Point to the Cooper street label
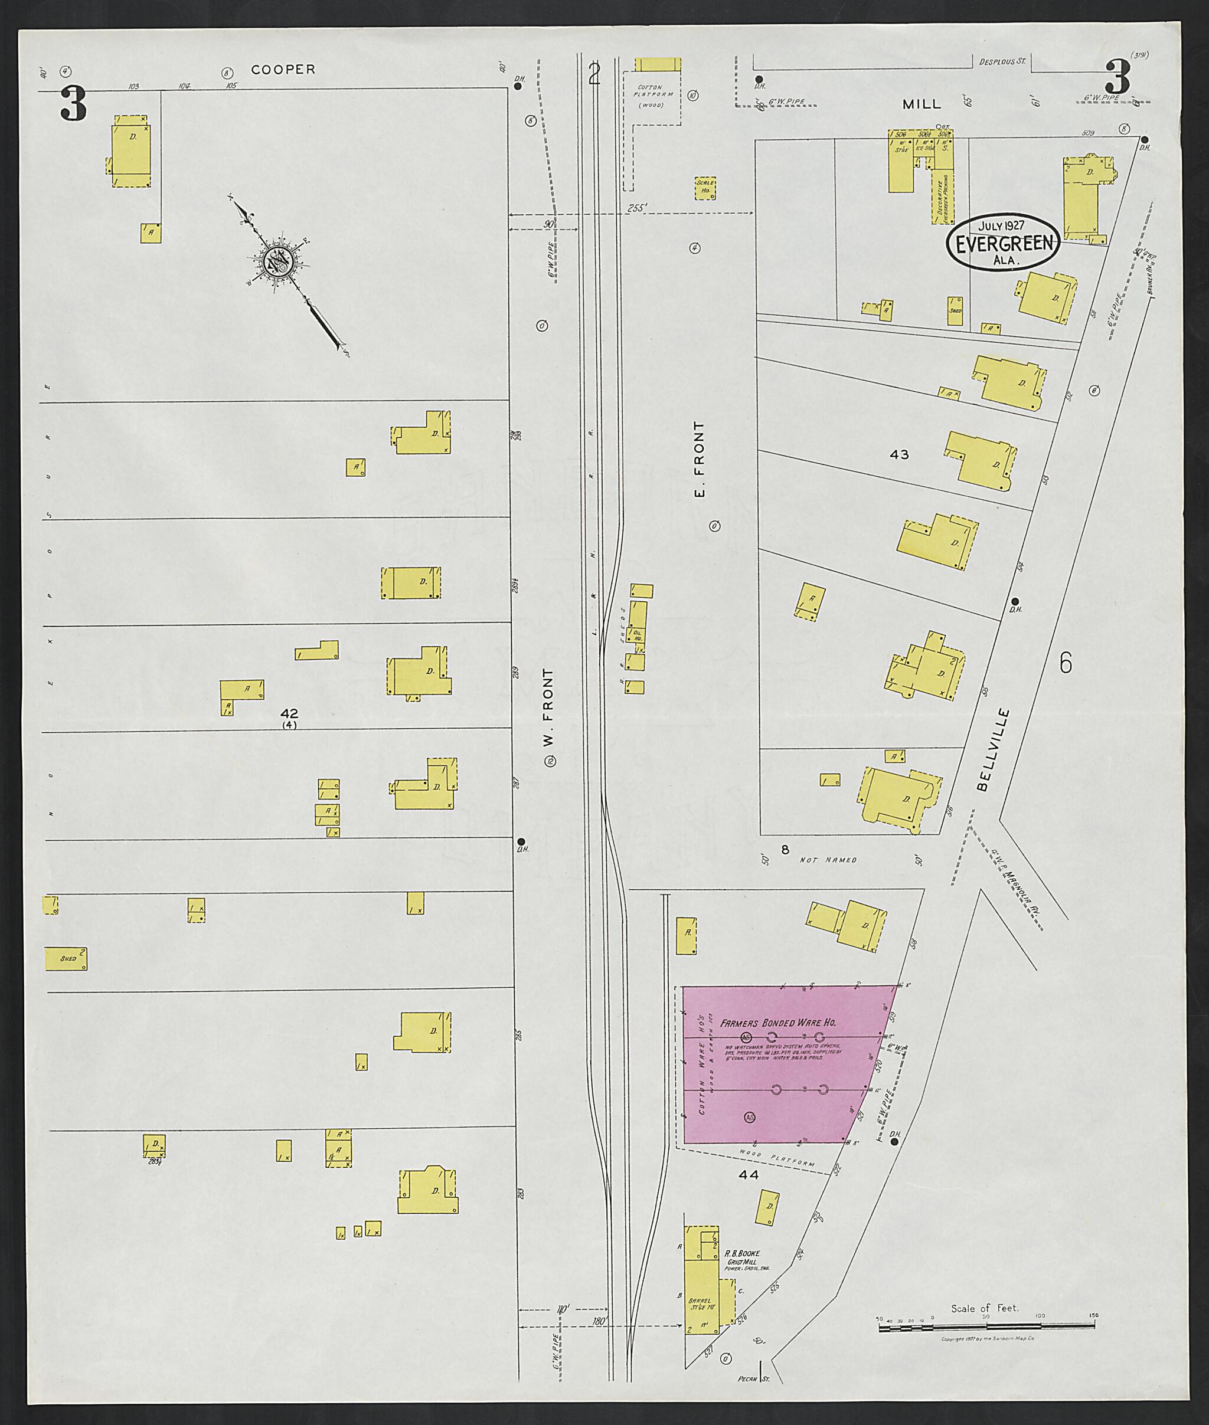(283, 69)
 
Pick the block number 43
(898, 454)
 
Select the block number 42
(289, 714)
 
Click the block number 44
(749, 1174)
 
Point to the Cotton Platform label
(655, 96)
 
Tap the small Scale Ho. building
(705, 188)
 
